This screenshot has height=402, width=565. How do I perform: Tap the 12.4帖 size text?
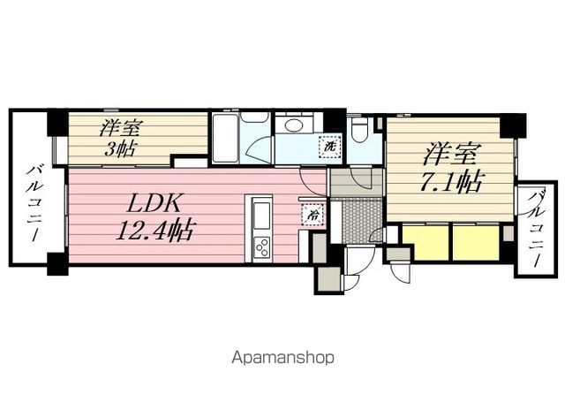[155, 231]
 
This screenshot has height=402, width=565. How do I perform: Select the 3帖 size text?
[121, 148]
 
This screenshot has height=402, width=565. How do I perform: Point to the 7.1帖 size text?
[451, 183]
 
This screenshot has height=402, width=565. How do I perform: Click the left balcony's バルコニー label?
[36, 203]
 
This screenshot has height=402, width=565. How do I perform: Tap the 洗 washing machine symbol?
[329, 148]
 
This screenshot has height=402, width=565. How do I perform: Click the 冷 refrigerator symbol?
[313, 213]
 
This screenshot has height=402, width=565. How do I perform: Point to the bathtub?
[225, 139]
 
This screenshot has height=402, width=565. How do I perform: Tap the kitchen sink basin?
[263, 212]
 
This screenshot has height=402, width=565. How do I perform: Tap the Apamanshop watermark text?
[282, 359]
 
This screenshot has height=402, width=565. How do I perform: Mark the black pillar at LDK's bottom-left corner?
[56, 263]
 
